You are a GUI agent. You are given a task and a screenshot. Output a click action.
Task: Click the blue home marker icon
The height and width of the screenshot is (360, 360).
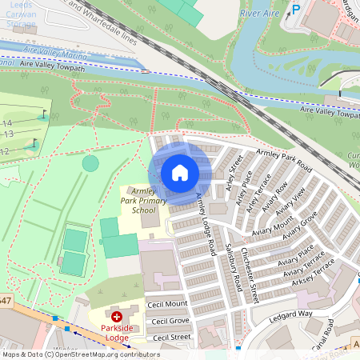click(x=180, y=172)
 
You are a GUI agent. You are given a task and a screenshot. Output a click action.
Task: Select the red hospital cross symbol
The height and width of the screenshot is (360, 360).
click(x=117, y=318)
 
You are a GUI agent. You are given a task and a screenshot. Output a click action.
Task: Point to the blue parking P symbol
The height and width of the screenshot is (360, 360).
click(x=295, y=10)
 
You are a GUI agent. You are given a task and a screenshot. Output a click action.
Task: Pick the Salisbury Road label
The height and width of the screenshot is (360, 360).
click(x=234, y=267)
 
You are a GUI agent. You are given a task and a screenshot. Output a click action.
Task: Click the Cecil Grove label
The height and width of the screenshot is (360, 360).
click(x=170, y=321)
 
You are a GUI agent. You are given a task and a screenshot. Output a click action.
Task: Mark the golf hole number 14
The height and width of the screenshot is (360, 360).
click(x=7, y=122)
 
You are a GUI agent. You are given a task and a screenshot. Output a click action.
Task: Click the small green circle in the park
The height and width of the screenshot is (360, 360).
click(x=90, y=164)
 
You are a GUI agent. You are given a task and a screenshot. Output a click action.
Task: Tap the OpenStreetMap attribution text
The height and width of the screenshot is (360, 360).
click(x=80, y=354)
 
